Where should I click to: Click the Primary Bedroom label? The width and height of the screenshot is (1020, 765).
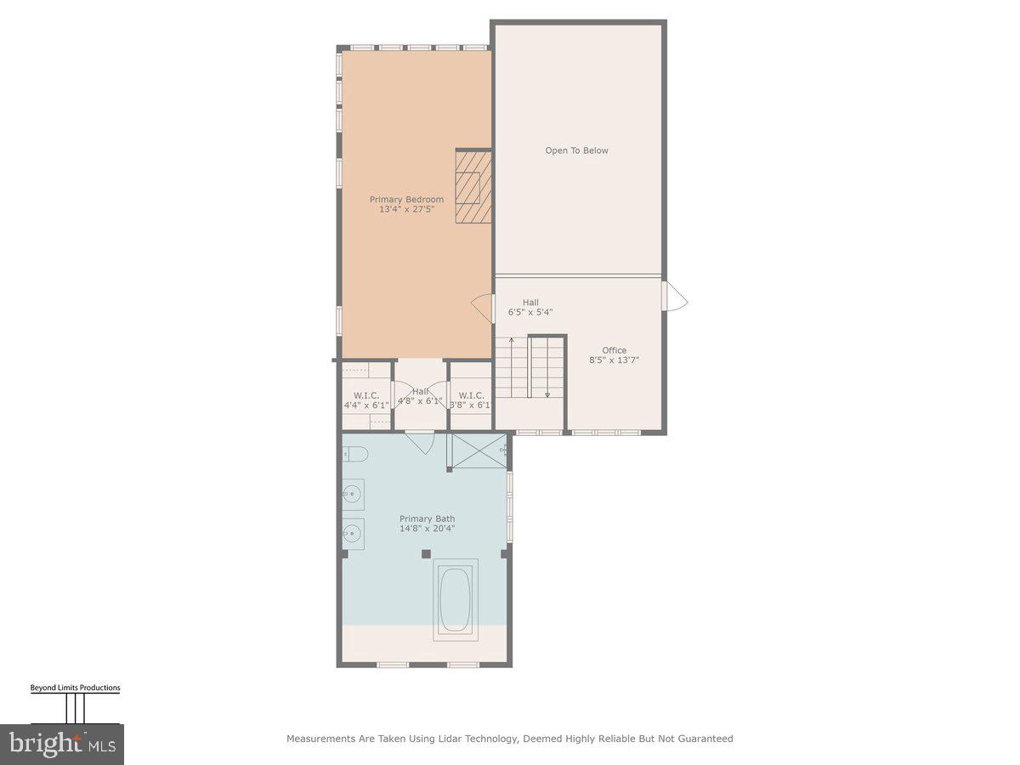pos(406,200)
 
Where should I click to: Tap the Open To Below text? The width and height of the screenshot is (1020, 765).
pos(577,150)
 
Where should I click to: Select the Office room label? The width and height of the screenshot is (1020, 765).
pos(615,350)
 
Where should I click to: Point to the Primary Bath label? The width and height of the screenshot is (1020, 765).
pos(428,518)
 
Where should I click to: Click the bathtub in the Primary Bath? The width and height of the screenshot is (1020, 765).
pos(456,601)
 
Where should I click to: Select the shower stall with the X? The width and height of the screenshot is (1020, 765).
pos(477,450)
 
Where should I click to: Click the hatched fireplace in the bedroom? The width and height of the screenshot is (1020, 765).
pos(473,187)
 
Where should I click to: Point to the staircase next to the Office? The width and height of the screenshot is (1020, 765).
pos(530,366)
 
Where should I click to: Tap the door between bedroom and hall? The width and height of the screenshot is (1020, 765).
pos(484,308)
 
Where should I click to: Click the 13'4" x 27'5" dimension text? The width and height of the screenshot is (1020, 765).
pos(406,209)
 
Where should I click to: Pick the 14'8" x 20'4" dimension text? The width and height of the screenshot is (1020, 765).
pos(428,529)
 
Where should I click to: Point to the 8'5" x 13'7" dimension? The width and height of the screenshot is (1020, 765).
pos(615,360)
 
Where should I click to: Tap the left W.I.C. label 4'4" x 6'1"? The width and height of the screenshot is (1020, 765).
pos(366,405)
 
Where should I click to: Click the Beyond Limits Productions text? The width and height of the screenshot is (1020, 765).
pos(75,688)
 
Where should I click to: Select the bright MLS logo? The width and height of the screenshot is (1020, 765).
pos(62,745)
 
